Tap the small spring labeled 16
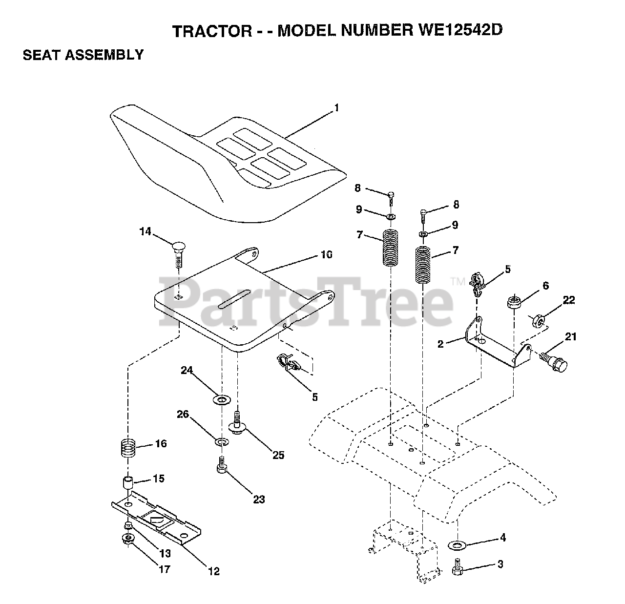point(128,448)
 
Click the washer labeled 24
point(221,401)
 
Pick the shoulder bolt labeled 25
point(236,423)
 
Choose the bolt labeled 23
point(221,465)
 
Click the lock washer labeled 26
point(221,442)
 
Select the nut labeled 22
point(538,321)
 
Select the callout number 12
point(213,571)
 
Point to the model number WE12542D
point(460,30)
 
